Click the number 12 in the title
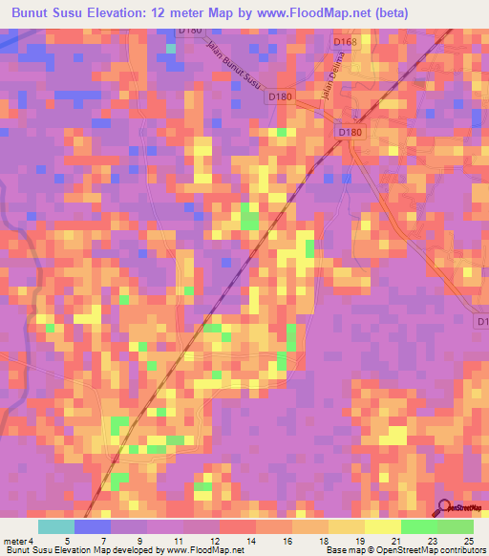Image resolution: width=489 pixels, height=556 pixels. [x=175, y=13]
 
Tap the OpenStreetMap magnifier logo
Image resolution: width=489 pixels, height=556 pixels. [x=446, y=507]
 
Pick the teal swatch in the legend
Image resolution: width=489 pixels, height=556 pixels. [x=56, y=526]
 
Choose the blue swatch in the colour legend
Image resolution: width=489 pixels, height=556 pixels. [x=93, y=526]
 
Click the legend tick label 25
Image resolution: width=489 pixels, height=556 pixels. [x=468, y=540]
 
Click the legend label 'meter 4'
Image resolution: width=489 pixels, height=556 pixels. [x=19, y=540]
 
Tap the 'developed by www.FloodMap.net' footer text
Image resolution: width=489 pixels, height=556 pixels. [x=173, y=550]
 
